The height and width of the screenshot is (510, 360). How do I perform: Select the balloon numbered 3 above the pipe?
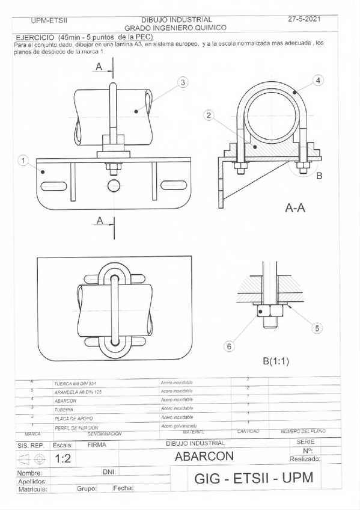pos(183,82)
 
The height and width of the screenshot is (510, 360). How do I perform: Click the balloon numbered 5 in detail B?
pos(318,328)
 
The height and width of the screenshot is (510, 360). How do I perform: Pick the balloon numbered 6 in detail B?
pos(228,346)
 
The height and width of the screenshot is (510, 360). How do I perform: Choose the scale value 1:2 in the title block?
pos(62,458)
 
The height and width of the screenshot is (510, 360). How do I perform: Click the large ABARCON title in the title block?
pos(204,456)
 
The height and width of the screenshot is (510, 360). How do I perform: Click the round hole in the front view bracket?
pos(114,183)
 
